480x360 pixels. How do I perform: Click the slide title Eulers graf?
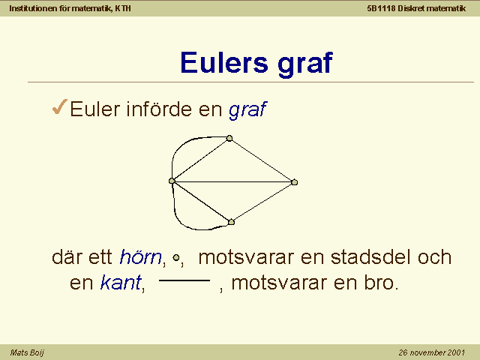click(256, 63)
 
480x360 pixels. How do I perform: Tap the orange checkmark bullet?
click(60, 106)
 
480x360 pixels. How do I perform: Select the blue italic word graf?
click(247, 109)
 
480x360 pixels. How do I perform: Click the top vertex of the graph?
click(229, 138)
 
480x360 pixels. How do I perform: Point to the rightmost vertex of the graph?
click(294, 182)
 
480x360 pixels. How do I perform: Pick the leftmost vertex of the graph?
click(172, 181)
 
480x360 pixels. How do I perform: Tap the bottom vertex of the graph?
click(231, 222)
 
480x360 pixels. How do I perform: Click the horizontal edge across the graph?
click(233, 181)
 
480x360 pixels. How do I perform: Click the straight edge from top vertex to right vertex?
click(262, 160)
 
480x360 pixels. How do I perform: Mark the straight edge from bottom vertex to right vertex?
click(262, 202)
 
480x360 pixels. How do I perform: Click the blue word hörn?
click(140, 256)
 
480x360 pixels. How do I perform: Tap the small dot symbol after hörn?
click(176, 258)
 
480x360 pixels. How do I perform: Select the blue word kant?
click(121, 282)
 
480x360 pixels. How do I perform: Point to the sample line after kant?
click(184, 280)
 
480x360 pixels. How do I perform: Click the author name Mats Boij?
click(27, 352)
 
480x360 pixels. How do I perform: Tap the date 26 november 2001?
click(432, 352)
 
